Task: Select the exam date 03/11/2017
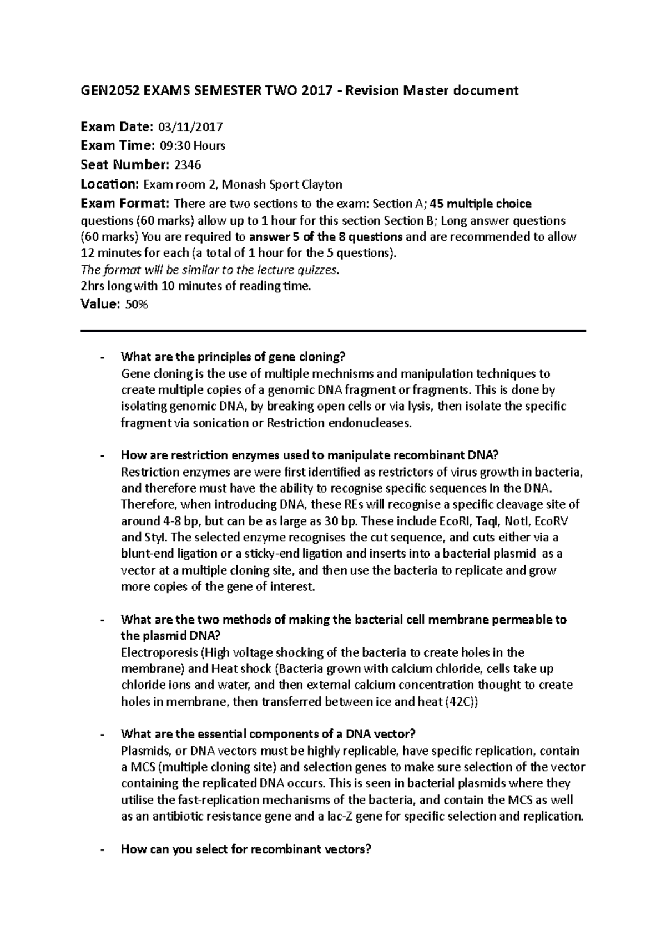point(190,127)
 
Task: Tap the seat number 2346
point(187,165)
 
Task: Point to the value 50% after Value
point(137,305)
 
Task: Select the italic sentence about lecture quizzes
point(209,270)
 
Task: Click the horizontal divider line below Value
point(333,331)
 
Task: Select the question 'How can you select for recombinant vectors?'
point(245,849)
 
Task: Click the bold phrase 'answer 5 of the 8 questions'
point(326,237)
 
